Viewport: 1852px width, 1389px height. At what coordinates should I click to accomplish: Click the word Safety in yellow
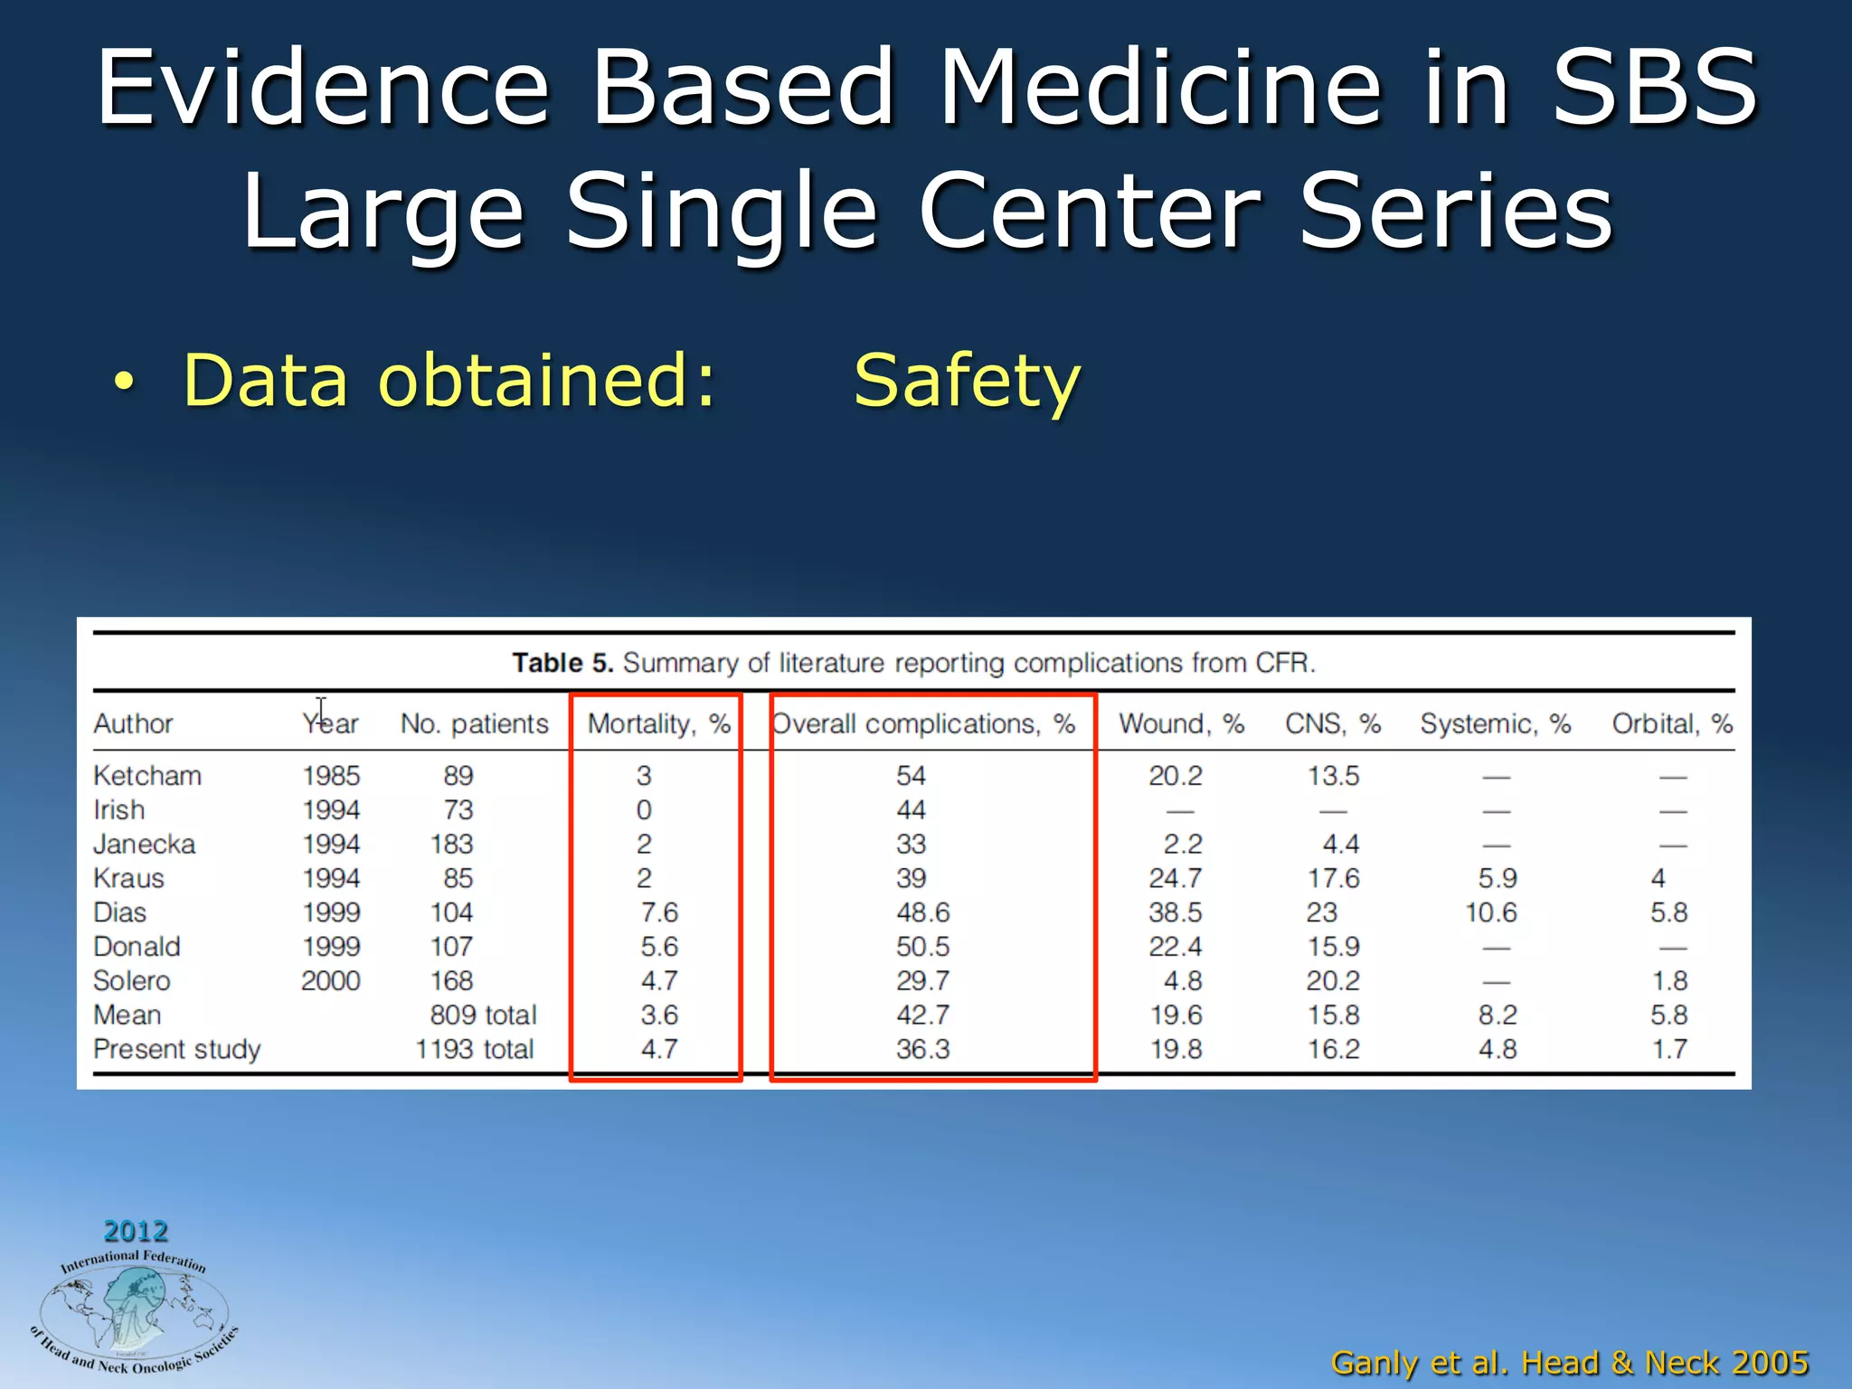pyautogui.click(x=967, y=381)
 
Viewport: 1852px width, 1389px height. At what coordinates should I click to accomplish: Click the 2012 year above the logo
pyautogui.click(x=136, y=1231)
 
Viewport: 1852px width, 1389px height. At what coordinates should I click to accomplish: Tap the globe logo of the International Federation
pyautogui.click(x=134, y=1312)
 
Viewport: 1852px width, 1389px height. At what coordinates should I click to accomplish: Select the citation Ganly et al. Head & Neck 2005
pyautogui.click(x=1570, y=1362)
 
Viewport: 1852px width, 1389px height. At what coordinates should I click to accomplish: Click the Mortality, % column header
pyautogui.click(x=658, y=723)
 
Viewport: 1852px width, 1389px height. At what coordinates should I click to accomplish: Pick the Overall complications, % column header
pyautogui.click(x=923, y=723)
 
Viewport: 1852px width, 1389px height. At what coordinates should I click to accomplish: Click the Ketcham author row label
pyautogui.click(x=147, y=776)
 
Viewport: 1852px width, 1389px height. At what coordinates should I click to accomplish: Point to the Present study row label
pyautogui.click(x=177, y=1049)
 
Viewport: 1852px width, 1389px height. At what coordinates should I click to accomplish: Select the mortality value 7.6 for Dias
pyautogui.click(x=659, y=912)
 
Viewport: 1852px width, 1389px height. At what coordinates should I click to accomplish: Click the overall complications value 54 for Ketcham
pyautogui.click(x=911, y=776)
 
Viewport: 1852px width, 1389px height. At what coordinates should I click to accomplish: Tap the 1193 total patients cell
pyautogui.click(x=475, y=1049)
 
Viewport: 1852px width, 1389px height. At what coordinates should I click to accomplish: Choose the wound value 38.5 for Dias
pyautogui.click(x=1175, y=912)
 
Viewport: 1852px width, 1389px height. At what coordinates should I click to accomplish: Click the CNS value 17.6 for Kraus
pyautogui.click(x=1333, y=878)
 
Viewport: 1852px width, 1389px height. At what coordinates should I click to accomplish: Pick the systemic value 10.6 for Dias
pyautogui.click(x=1491, y=912)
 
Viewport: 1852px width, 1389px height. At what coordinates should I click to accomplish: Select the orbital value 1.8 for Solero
pyautogui.click(x=1668, y=981)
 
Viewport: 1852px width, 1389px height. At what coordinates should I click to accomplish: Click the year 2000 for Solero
pyautogui.click(x=331, y=981)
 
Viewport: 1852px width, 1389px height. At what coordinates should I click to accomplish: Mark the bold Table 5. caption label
pyautogui.click(x=562, y=663)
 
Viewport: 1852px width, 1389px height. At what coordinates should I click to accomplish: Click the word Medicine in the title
pyautogui.click(x=1161, y=88)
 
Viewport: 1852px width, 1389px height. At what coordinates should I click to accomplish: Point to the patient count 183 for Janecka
pyautogui.click(x=451, y=845)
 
